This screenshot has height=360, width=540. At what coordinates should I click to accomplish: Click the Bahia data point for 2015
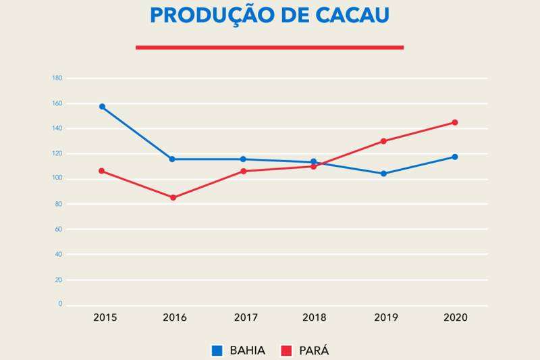tap(102, 107)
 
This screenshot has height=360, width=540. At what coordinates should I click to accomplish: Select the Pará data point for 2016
tap(173, 197)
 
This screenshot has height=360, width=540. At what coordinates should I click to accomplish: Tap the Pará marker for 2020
tap(455, 122)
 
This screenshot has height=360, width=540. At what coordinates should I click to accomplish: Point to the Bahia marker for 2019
tap(383, 174)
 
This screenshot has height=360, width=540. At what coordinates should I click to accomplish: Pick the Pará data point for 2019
tap(383, 141)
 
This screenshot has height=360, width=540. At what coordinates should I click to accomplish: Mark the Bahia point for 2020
tap(455, 157)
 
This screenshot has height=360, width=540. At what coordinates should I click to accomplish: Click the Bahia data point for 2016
tap(172, 159)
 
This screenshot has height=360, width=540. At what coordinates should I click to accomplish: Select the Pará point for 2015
tap(102, 171)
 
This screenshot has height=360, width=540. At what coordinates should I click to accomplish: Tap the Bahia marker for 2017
tap(243, 159)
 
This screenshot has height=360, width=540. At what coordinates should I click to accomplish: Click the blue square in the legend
tap(217, 351)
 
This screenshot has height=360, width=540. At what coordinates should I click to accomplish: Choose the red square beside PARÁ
tap(286, 351)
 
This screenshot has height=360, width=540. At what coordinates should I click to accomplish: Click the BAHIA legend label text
tap(247, 351)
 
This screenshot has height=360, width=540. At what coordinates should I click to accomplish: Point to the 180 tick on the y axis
tap(57, 78)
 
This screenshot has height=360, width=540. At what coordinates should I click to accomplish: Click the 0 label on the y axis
tap(60, 305)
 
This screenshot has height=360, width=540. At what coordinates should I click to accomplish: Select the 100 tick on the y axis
tap(57, 178)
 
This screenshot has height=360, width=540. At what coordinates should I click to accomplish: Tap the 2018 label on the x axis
tap(314, 317)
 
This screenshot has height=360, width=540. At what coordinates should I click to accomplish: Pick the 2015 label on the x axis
tap(105, 317)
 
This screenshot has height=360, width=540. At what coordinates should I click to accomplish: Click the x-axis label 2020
tap(456, 317)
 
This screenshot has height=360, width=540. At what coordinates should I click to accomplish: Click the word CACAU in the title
tap(348, 16)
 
